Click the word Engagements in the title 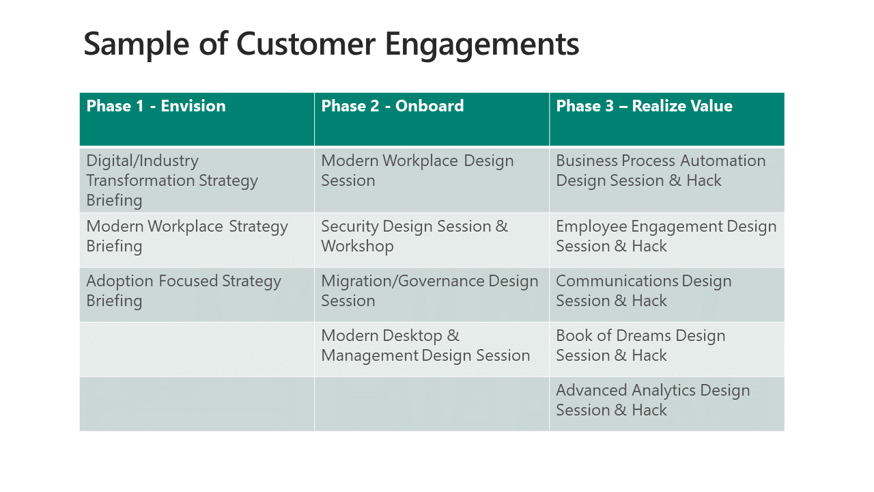click(482, 45)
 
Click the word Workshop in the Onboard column click(357, 247)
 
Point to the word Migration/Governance click(402, 281)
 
